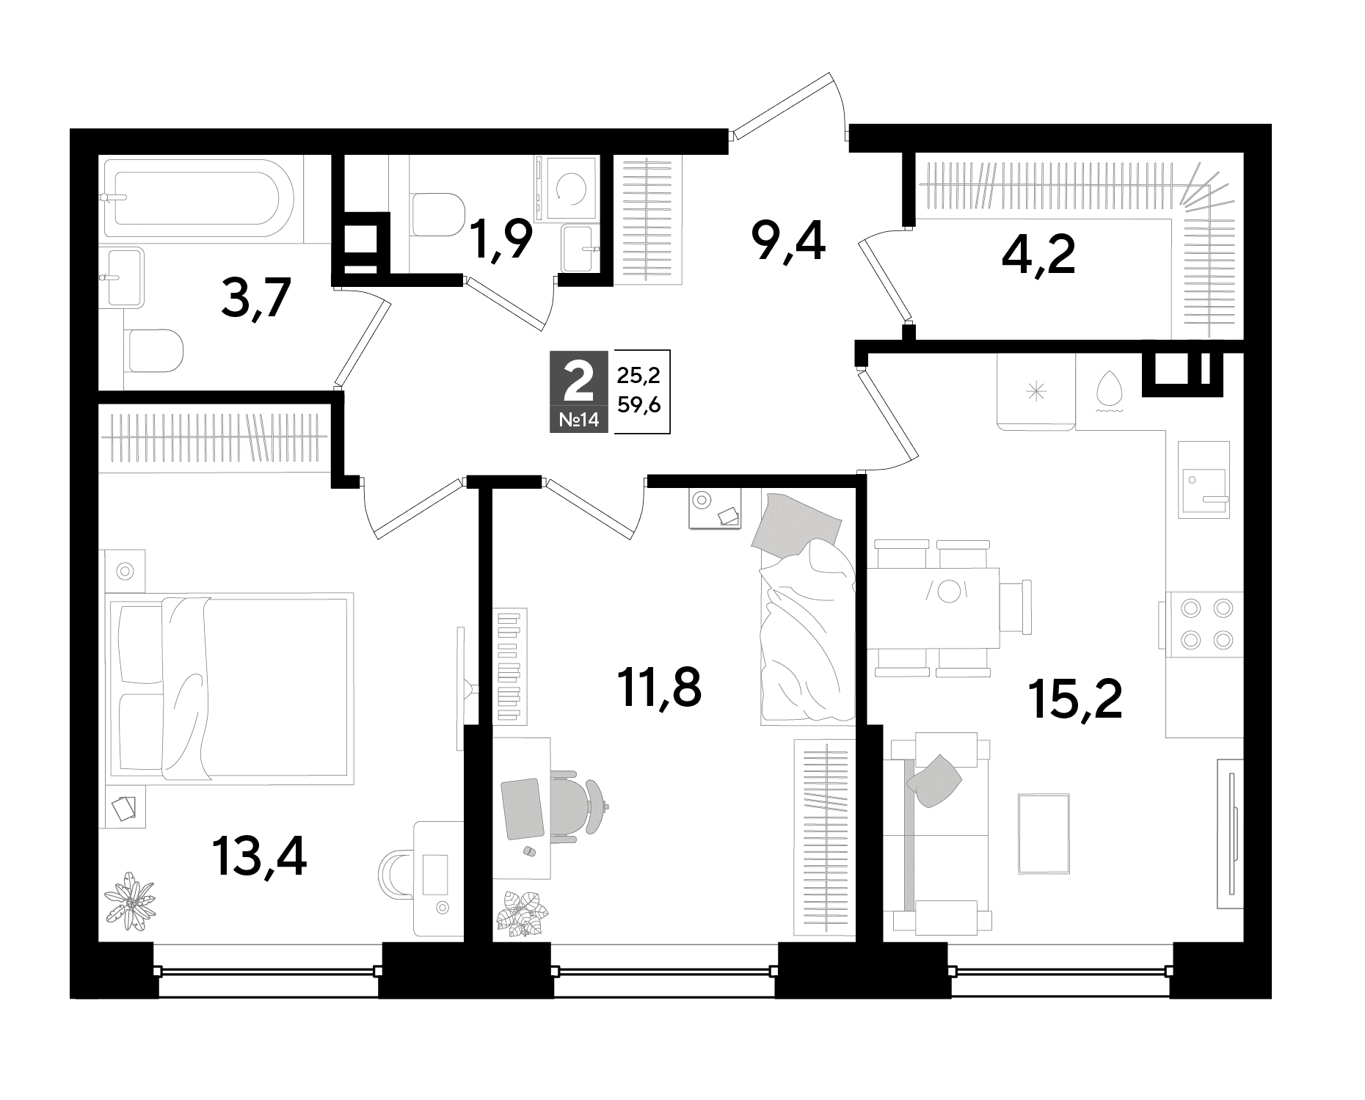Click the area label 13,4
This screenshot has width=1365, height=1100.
[259, 858]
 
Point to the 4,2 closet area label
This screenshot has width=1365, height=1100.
[1038, 256]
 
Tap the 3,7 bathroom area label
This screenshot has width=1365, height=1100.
[258, 298]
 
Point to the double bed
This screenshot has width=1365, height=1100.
[230, 688]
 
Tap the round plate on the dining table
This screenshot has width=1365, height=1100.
[950, 591]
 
